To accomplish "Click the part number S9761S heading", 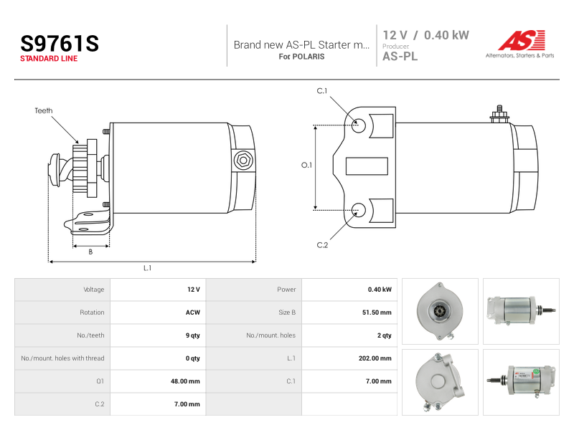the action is (60, 44).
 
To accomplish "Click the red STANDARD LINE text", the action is (49, 59).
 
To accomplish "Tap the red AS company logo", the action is (522, 40).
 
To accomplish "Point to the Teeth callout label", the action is (44, 110).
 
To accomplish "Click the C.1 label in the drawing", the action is (322, 91).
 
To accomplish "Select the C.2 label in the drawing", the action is (322, 245).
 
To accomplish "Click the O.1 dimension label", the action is (306, 166).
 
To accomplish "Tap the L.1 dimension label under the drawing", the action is (147, 268).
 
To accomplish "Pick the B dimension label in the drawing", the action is (91, 252).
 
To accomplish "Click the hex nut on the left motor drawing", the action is (243, 160).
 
